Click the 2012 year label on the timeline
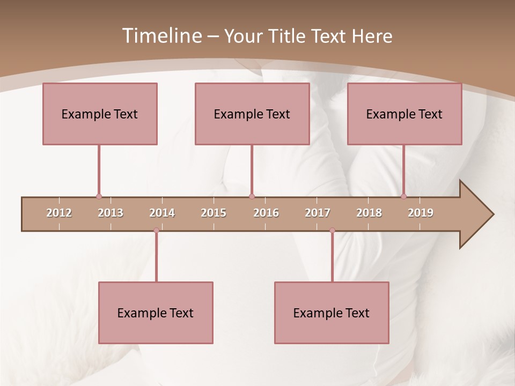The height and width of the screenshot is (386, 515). click(59, 213)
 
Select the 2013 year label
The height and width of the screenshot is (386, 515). click(111, 213)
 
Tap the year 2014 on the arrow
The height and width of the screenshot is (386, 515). click(162, 213)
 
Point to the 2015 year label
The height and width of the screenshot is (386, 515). click(214, 213)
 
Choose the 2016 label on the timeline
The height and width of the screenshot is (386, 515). click(266, 213)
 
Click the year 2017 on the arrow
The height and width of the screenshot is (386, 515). click(318, 213)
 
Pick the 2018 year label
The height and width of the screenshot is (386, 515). click(369, 213)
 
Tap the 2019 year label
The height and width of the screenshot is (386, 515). click(421, 213)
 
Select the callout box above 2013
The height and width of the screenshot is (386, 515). click(100, 114)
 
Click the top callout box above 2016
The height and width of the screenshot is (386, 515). click(252, 114)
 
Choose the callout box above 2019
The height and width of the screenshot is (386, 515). click(404, 114)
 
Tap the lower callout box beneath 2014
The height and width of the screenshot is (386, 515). click(156, 313)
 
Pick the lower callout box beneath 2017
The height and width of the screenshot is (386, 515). click(332, 313)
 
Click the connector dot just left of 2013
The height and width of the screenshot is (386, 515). click(99, 197)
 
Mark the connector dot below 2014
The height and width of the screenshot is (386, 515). click(156, 231)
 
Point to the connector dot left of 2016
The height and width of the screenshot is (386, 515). click(252, 197)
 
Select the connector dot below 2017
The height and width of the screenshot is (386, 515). click(332, 231)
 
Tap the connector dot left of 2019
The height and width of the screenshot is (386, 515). click(403, 197)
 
